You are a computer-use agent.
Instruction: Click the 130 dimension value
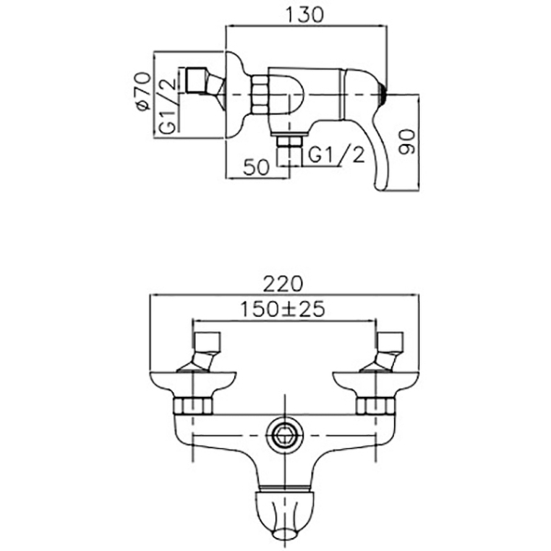[x=304, y=15]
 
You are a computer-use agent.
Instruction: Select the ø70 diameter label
[x=144, y=91]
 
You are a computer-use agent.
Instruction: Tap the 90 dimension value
[x=407, y=142]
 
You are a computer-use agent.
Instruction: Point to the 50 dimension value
[x=257, y=167]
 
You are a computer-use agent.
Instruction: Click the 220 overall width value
[x=283, y=284]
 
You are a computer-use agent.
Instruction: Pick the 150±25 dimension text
[x=283, y=309]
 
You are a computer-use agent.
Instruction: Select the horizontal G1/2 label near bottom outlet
[x=336, y=155]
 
